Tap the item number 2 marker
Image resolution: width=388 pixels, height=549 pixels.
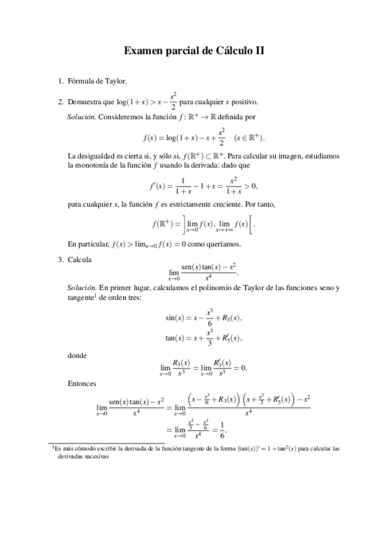(x=60, y=102)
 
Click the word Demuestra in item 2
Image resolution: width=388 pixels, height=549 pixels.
(x=84, y=102)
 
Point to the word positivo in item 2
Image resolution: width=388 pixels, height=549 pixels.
(x=244, y=102)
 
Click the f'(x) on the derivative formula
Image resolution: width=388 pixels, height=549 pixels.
(x=157, y=186)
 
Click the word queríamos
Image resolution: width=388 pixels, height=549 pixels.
(x=223, y=244)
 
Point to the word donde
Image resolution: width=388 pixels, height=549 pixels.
(x=77, y=355)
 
